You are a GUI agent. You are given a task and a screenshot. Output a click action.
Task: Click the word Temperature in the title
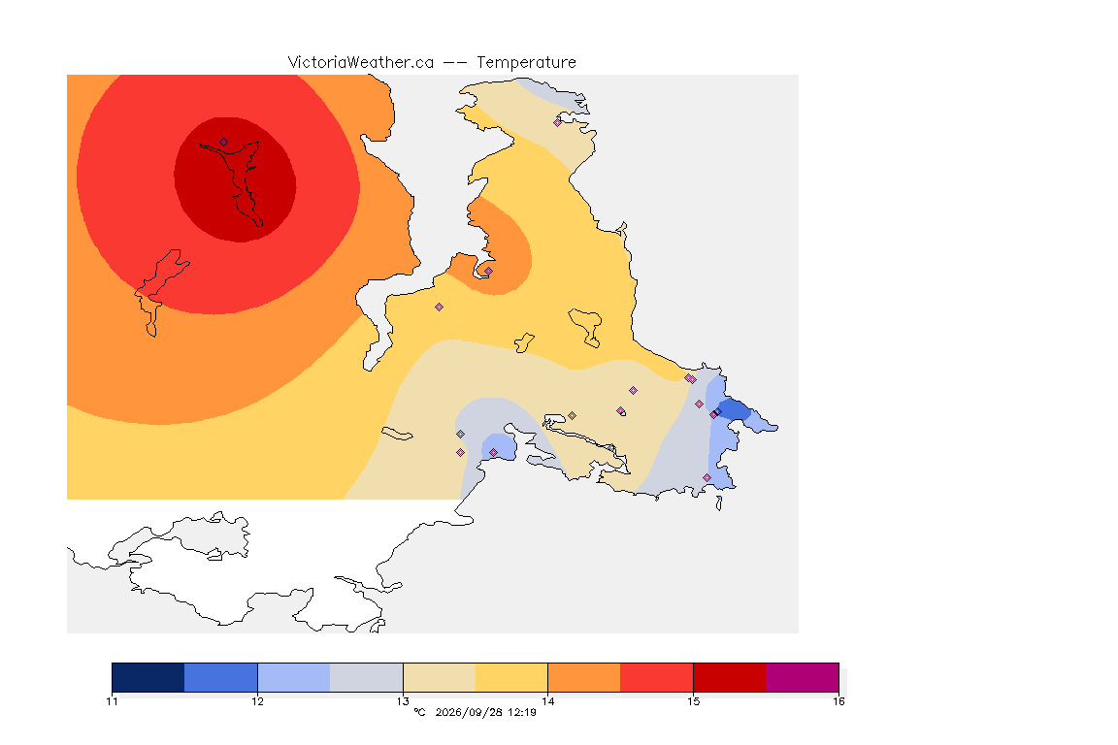(x=526, y=63)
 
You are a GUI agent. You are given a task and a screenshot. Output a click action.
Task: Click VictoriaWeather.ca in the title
(x=361, y=63)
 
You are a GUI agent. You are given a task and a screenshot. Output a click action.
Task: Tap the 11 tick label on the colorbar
(x=112, y=701)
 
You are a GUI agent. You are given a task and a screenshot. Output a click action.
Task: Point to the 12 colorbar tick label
(x=257, y=701)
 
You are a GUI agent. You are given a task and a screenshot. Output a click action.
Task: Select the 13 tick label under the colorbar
(x=403, y=701)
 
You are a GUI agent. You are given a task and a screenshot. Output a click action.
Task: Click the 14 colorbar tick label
(x=547, y=701)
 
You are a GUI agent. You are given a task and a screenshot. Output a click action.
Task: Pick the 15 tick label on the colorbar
(x=693, y=701)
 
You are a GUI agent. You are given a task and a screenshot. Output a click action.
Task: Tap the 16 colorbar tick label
(x=838, y=701)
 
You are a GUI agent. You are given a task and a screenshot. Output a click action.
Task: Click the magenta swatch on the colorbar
(x=803, y=677)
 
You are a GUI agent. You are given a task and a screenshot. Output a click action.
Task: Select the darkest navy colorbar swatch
(x=148, y=677)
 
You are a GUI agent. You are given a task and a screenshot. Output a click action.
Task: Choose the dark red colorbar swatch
(x=730, y=677)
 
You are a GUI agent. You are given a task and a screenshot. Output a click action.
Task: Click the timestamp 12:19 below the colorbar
(x=522, y=712)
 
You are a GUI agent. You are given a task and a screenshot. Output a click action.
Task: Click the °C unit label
(x=419, y=712)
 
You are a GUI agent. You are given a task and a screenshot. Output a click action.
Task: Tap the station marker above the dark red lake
(x=224, y=142)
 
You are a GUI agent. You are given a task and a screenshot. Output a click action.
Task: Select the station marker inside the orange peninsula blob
(x=488, y=271)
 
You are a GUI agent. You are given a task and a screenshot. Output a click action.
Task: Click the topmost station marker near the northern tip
(x=558, y=122)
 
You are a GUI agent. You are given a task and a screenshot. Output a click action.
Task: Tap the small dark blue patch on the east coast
(x=736, y=411)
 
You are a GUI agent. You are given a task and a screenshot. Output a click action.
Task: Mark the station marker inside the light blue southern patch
(x=493, y=453)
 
